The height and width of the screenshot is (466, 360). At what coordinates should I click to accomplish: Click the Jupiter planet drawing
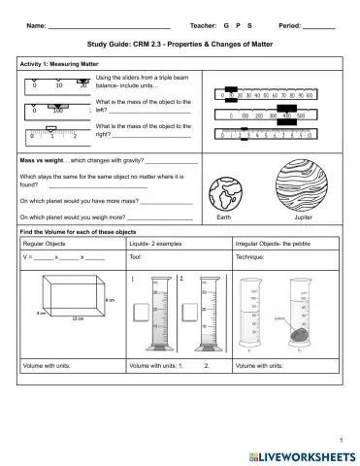[302, 184]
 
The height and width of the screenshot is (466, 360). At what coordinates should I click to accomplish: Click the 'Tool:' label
[136, 258]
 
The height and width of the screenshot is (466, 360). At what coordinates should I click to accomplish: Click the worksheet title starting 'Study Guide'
[180, 45]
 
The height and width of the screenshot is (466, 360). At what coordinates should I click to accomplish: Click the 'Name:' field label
[35, 23]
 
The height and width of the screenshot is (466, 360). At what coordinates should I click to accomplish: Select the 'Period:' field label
[289, 23]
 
